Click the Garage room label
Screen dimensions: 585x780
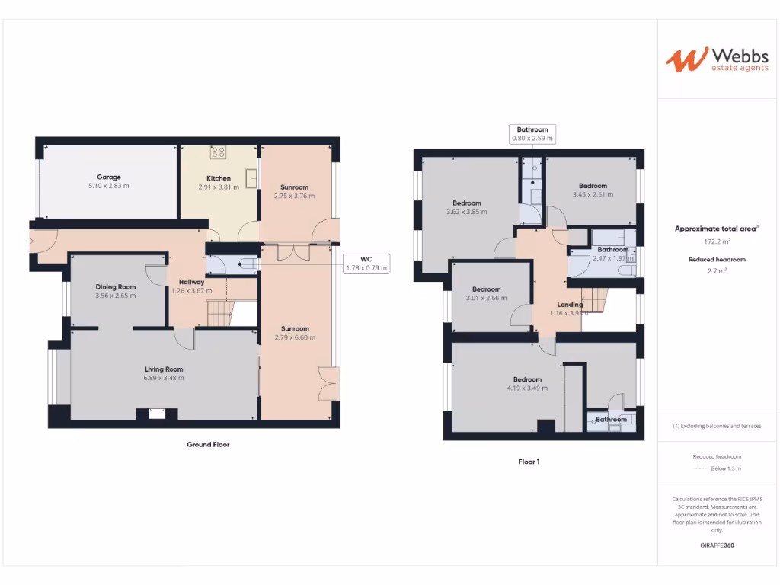(108, 177)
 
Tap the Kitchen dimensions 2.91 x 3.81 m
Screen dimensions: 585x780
(219, 187)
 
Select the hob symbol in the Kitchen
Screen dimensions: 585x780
(219, 152)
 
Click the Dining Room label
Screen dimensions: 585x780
(116, 286)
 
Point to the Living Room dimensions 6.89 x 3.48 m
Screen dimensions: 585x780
(164, 379)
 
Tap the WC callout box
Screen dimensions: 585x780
(366, 263)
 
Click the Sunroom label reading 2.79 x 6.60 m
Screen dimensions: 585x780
(294, 337)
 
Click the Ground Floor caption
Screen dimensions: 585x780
(208, 444)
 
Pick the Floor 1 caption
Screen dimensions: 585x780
(529, 461)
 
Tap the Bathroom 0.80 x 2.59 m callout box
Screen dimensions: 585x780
(532, 134)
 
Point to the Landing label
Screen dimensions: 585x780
(570, 304)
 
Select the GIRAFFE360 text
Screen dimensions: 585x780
(717, 545)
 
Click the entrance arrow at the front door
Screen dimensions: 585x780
(30, 241)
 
